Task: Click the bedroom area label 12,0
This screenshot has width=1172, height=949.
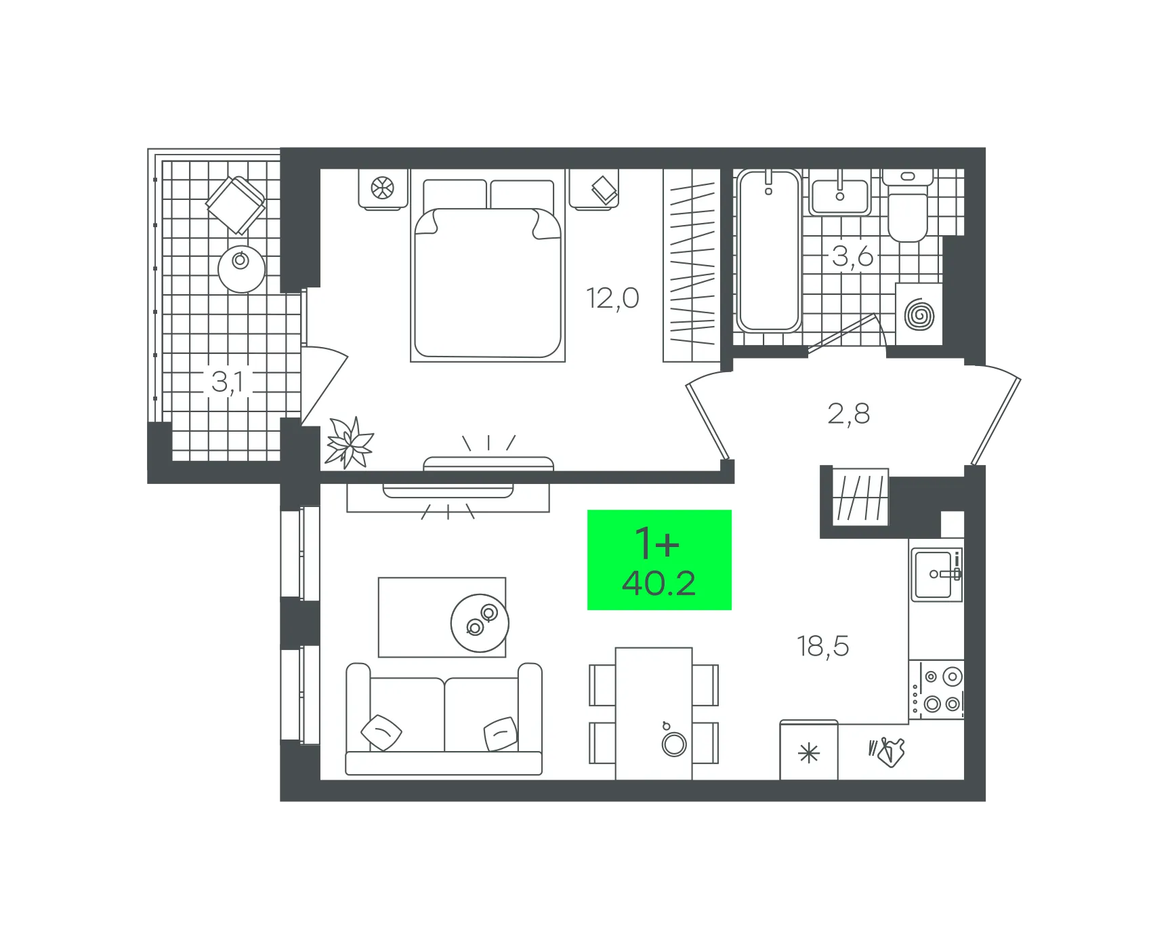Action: [612, 298]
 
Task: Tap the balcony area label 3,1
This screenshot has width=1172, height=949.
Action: [228, 382]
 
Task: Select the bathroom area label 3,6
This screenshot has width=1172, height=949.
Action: [852, 256]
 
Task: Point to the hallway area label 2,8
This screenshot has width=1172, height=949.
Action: [848, 413]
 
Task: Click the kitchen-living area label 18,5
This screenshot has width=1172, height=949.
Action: [822, 646]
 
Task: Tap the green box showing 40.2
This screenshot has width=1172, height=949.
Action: [659, 560]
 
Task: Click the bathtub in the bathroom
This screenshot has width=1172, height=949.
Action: [768, 251]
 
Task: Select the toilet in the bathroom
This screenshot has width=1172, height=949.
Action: [908, 205]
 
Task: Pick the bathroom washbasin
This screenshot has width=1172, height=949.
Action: [840, 193]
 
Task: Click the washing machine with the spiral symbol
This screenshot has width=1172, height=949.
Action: [919, 315]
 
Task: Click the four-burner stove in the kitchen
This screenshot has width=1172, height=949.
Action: [936, 690]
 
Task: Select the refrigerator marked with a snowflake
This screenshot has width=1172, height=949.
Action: [809, 750]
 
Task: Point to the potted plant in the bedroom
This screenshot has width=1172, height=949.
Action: [349, 443]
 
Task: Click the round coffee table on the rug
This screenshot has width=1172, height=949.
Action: [480, 623]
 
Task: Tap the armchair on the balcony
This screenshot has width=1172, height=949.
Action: [236, 205]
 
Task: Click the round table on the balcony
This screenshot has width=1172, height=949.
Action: [241, 268]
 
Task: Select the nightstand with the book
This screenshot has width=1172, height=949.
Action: [594, 189]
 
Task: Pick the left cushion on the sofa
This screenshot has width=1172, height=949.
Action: [381, 733]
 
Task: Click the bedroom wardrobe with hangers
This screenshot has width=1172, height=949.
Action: [692, 265]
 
